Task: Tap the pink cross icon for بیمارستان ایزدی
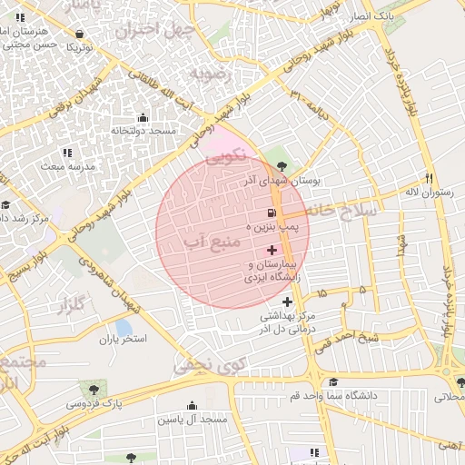pyautogui.click(x=272, y=250)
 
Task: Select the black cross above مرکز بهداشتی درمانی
pyautogui.click(x=288, y=302)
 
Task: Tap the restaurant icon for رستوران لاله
pyautogui.click(x=430, y=178)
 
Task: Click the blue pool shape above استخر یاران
pyautogui.click(x=123, y=327)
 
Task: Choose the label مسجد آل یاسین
pyautogui.click(x=193, y=420)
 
